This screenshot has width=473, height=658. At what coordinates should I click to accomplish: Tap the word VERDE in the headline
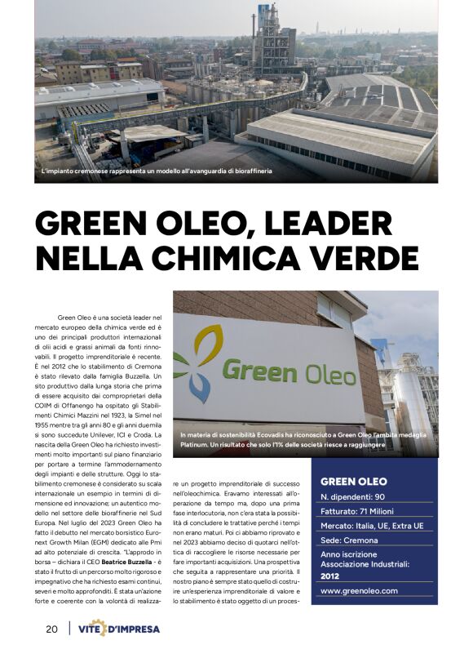[x=358, y=257]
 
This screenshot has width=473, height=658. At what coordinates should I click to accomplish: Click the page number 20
[x=51, y=629]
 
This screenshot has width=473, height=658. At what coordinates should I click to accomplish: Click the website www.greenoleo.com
[x=360, y=590]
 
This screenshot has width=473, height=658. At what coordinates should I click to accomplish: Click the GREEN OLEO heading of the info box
[x=353, y=481]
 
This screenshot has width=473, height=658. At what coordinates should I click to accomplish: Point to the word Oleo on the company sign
[x=328, y=374]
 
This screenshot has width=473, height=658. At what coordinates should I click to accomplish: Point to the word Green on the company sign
[x=259, y=371]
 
